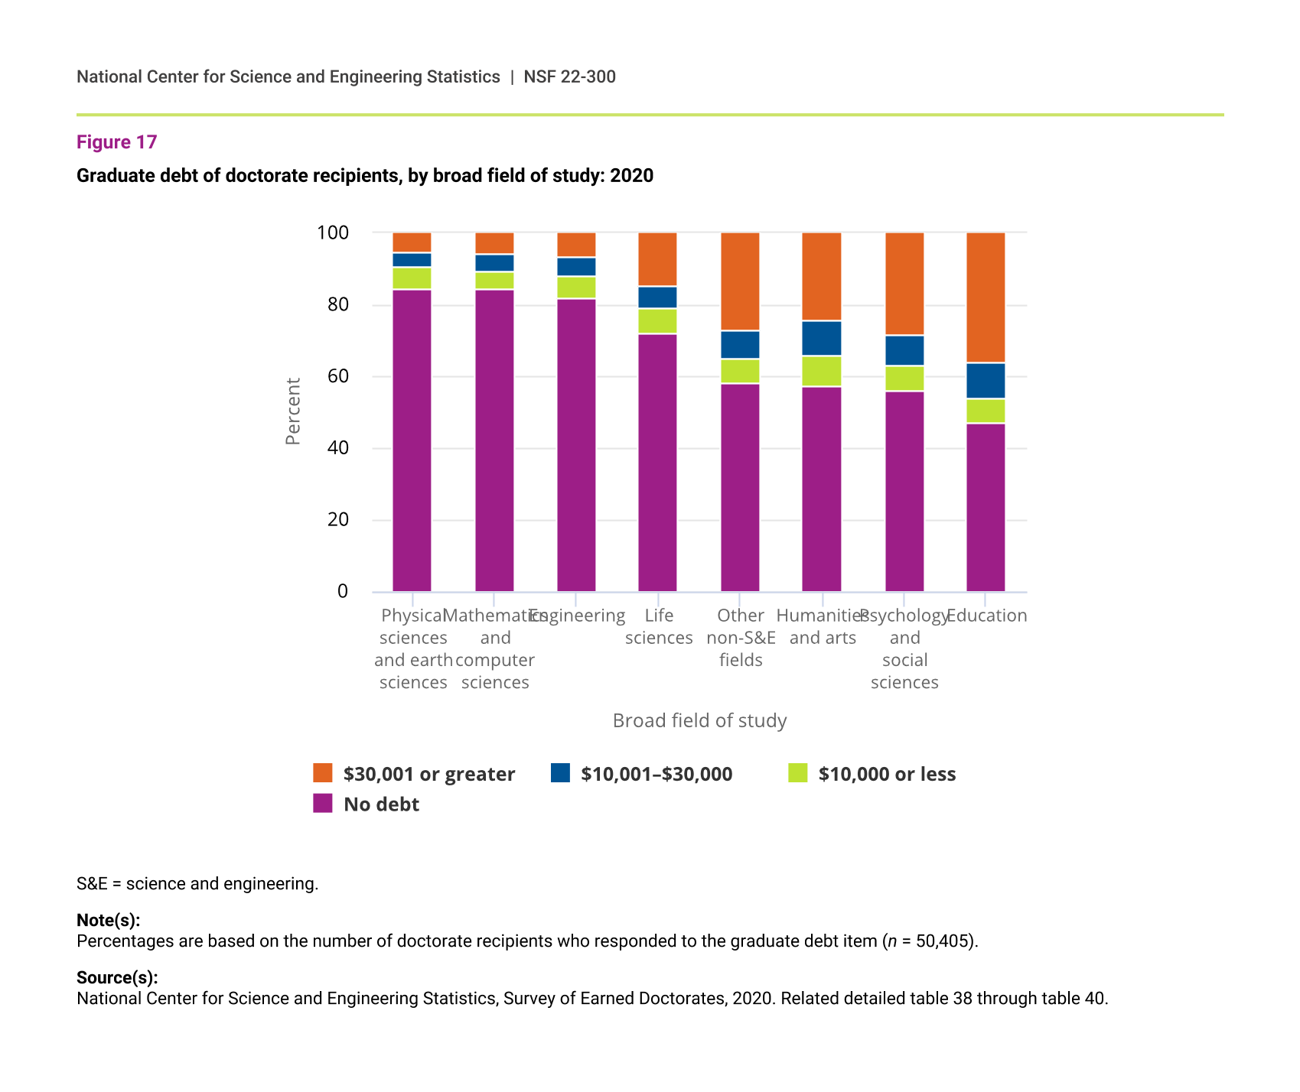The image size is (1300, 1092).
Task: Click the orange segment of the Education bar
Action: tap(986, 297)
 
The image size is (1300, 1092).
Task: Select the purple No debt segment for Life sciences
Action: tap(658, 463)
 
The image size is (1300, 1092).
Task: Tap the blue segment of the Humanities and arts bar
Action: tap(822, 339)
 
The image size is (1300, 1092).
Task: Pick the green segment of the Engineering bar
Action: tap(576, 288)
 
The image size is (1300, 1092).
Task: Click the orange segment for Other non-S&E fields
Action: tap(740, 281)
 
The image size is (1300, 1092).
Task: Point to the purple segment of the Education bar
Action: tap(986, 507)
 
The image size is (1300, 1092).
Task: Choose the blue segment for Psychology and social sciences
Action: tap(904, 350)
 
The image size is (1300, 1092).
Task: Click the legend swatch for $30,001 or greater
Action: tap(323, 773)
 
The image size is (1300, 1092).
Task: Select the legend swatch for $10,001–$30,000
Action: tap(560, 773)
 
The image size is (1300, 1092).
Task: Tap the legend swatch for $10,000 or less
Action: tap(798, 773)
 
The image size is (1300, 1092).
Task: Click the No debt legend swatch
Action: tap(323, 803)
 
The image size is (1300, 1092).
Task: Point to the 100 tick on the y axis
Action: tap(333, 232)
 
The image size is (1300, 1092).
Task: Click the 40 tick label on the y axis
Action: tap(337, 448)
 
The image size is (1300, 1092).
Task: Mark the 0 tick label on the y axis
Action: tap(342, 591)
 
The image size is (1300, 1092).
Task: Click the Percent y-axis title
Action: tap(293, 411)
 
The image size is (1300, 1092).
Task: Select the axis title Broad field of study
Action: tap(699, 720)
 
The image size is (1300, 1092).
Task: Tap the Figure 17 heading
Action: tap(117, 142)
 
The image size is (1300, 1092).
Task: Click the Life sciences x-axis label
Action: tap(659, 626)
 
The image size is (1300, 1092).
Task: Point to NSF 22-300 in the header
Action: tap(569, 76)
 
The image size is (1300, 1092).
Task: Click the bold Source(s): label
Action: tap(117, 977)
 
